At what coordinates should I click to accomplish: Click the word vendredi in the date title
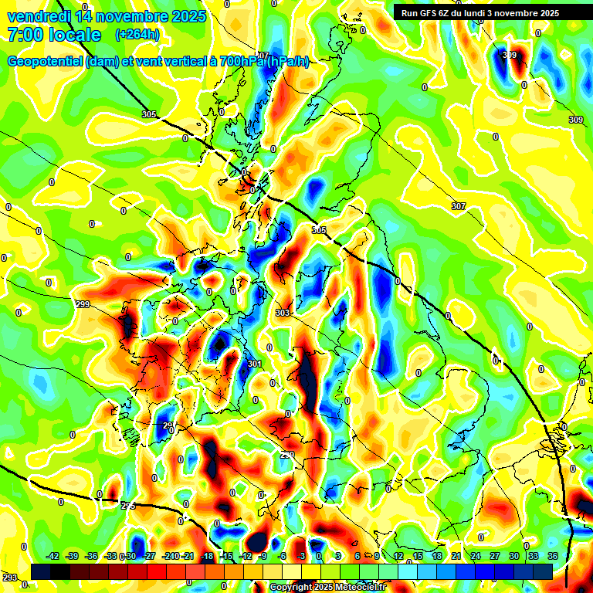[38, 16]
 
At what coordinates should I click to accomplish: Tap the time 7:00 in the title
[24, 35]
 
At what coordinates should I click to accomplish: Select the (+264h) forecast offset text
[137, 35]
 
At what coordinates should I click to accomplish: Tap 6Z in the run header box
[447, 12]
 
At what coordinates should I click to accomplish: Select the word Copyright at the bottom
[292, 588]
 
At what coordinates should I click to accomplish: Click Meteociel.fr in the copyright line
[360, 588]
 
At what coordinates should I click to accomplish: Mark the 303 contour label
[283, 313]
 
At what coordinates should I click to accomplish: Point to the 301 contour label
[254, 364]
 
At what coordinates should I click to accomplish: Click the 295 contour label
[127, 506]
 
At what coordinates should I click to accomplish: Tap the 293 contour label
[9, 578]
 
